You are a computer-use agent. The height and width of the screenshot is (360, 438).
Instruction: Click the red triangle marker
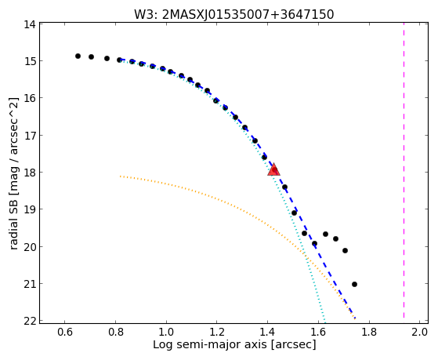(273, 169)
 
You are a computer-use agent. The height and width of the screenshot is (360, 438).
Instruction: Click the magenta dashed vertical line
(404, 170)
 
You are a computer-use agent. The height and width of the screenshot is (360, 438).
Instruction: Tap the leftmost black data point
(78, 56)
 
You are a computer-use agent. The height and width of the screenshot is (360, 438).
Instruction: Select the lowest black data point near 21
(354, 284)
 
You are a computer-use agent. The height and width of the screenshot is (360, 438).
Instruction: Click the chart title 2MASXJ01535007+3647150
(248, 15)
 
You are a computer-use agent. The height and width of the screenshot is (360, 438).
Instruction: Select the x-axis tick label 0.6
(64, 332)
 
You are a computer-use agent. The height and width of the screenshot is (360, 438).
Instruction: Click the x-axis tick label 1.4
(267, 332)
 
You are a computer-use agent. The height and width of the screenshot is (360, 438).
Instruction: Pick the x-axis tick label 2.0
(419, 332)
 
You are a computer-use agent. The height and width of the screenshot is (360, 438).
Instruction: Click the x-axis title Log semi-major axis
(210, 345)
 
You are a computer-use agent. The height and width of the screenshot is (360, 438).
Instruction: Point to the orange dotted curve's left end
(120, 176)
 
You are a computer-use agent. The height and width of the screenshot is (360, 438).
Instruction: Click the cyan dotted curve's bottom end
(324, 321)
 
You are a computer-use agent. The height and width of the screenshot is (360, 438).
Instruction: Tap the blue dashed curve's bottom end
(355, 318)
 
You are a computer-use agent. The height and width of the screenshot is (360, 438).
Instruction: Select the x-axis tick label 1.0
(166, 332)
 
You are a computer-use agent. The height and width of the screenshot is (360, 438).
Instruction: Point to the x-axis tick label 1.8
(369, 332)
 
